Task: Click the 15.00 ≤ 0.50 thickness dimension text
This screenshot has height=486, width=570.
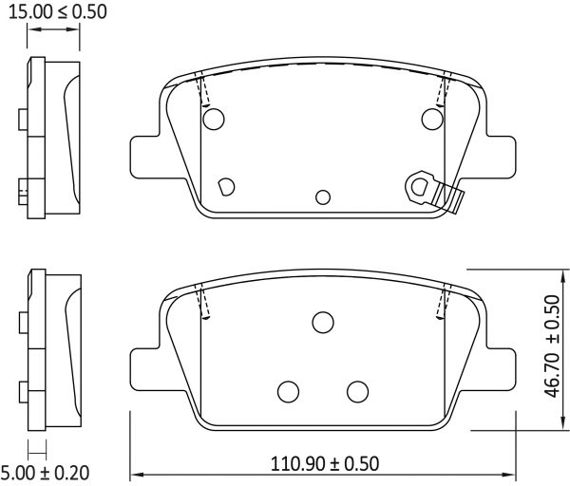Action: point(53,12)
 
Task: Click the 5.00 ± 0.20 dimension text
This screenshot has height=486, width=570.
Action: point(45,472)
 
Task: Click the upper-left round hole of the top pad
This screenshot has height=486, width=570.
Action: point(214,119)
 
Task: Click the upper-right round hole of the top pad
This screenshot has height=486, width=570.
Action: point(432,119)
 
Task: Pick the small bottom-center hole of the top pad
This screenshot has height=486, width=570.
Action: point(323,196)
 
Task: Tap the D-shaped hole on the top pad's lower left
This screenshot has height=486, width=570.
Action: point(226,186)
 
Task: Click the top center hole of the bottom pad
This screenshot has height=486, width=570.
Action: point(323,323)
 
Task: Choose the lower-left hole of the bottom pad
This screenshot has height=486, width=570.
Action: point(288,390)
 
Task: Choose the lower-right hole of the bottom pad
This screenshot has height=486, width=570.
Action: point(357,390)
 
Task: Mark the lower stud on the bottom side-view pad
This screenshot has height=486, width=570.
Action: point(24,389)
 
